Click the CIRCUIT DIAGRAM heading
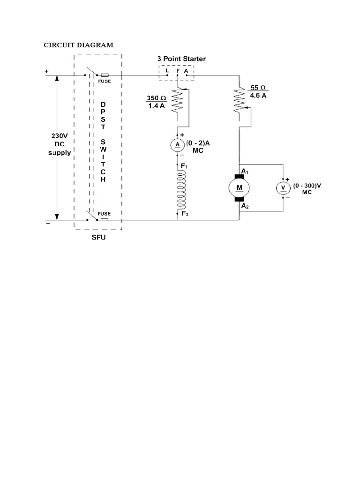[78, 45]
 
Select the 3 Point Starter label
[181, 59]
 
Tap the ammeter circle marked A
[178, 145]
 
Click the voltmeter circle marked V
[283, 187]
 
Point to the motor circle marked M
[240, 188]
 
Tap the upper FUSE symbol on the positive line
[105, 75]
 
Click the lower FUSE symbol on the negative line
[105, 219]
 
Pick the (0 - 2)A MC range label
[198, 148]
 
